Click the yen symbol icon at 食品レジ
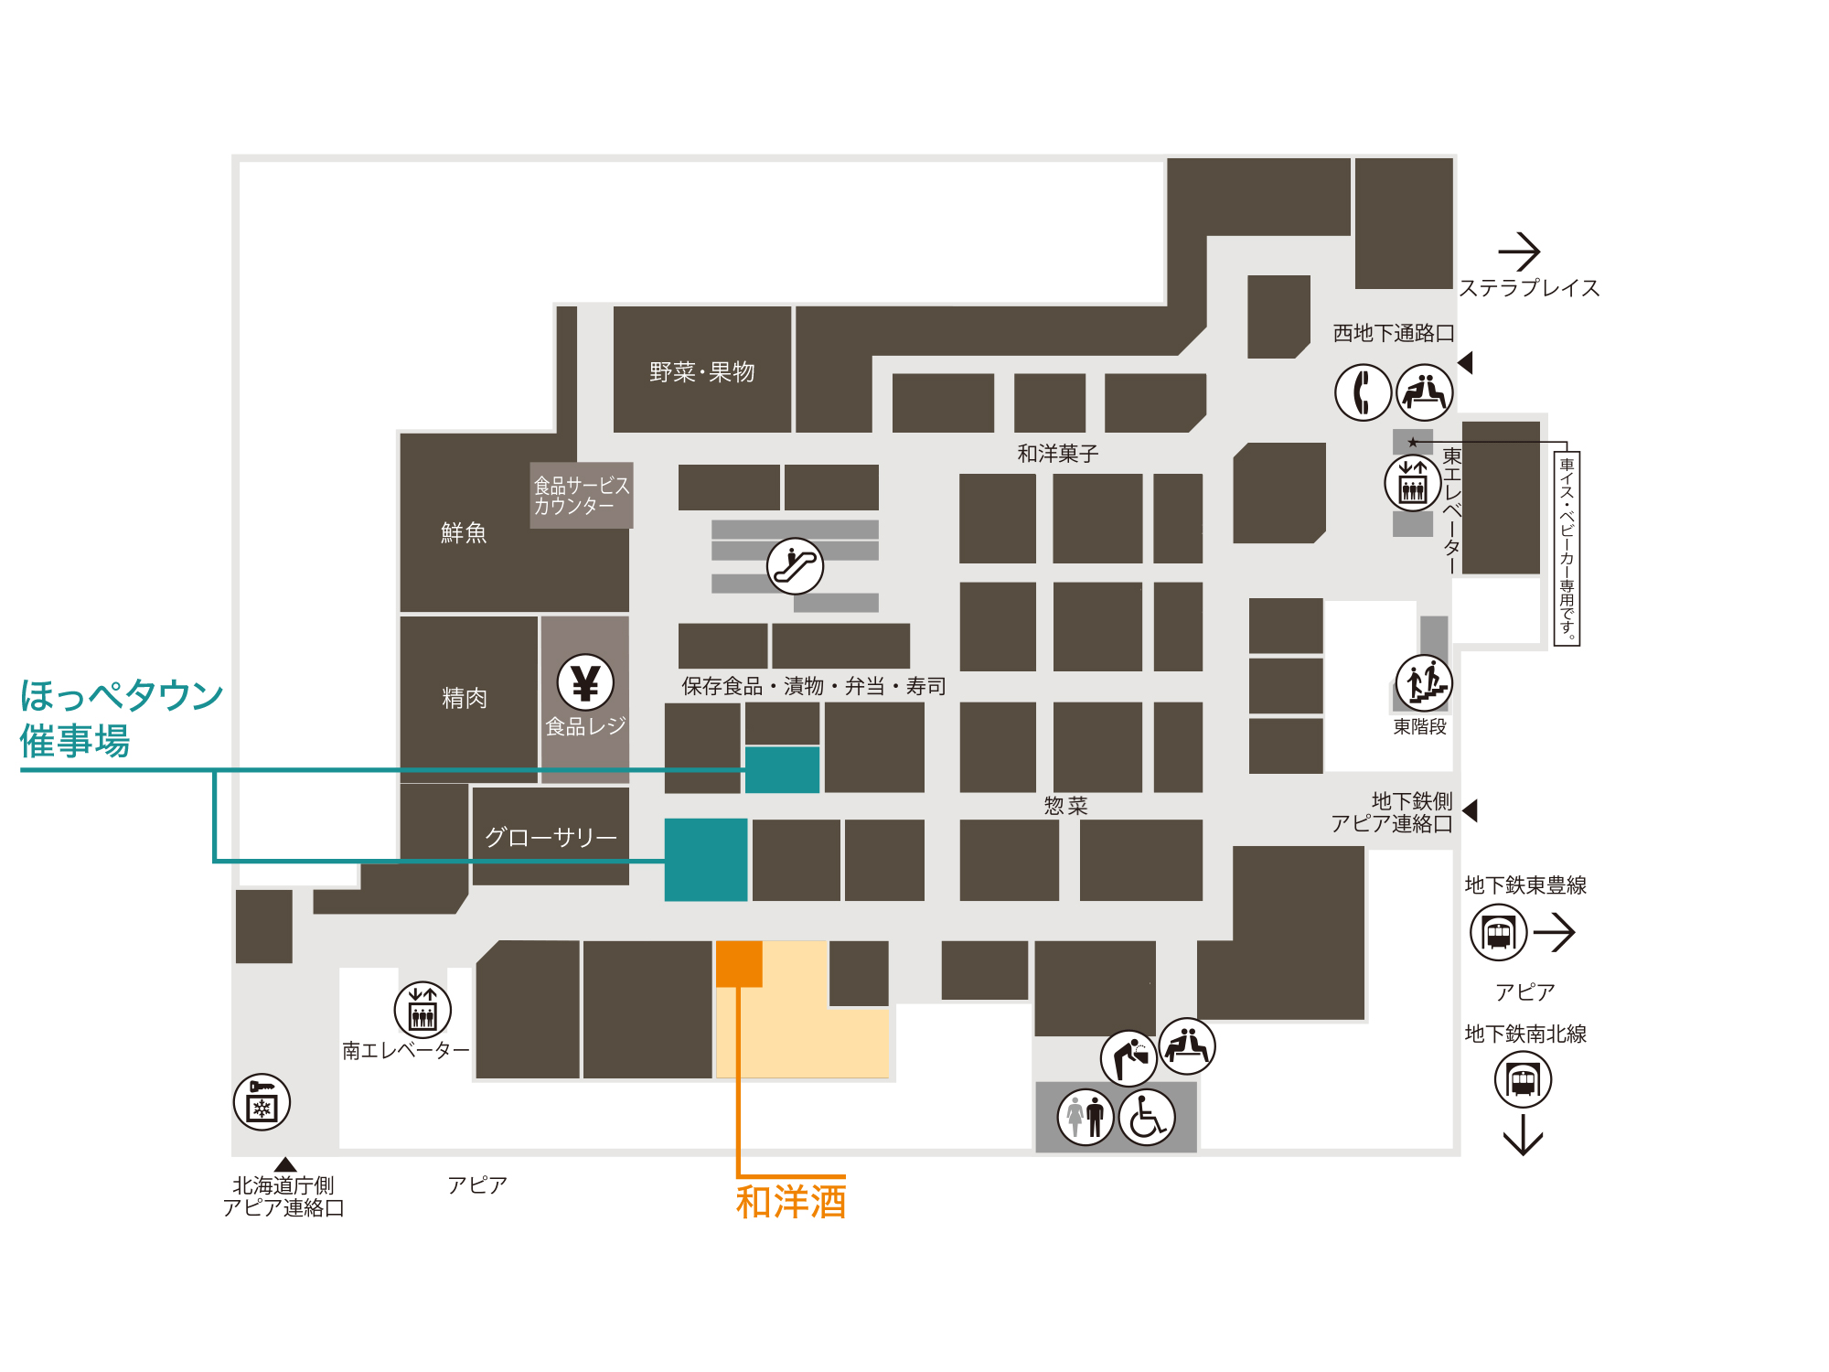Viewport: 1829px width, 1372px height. (x=585, y=682)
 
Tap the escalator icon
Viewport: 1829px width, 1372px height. (x=795, y=566)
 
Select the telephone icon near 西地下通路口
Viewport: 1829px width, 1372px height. (x=1363, y=392)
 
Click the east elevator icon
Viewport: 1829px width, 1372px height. (x=1413, y=482)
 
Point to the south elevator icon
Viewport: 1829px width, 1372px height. (x=422, y=1010)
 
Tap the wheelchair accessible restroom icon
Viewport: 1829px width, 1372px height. (x=1147, y=1117)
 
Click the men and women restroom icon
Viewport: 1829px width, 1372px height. (x=1086, y=1117)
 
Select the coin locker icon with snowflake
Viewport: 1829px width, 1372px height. (x=262, y=1102)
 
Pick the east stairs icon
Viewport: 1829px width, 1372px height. (x=1424, y=682)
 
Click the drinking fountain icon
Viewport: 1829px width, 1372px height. (x=1129, y=1058)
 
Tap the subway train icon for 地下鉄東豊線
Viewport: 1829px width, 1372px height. (x=1498, y=933)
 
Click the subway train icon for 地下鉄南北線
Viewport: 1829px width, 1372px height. (x=1523, y=1079)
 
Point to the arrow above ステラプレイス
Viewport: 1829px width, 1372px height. (x=1520, y=251)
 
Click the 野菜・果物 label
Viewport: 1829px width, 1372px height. (x=702, y=372)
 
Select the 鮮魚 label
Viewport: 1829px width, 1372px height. (x=464, y=532)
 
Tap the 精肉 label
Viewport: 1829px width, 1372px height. (x=465, y=698)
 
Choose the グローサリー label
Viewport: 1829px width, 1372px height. (x=551, y=837)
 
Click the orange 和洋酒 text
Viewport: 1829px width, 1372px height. (x=791, y=1202)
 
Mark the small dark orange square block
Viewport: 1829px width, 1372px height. (x=739, y=964)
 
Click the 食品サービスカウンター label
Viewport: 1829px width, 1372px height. (x=582, y=495)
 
